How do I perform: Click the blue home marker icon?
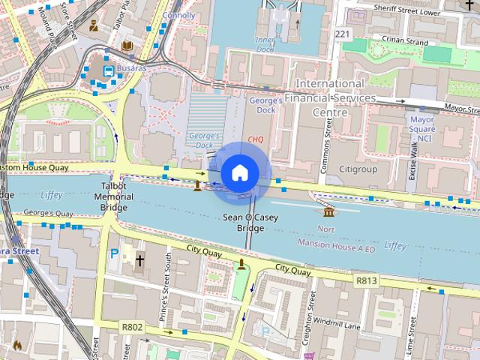[x=239, y=173]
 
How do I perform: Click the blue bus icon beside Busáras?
[x=109, y=70]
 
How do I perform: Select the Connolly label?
[x=178, y=15]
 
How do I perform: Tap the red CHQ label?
[x=256, y=139]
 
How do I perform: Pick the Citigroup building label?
[x=358, y=169]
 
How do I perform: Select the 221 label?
[x=343, y=34]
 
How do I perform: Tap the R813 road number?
[x=366, y=280]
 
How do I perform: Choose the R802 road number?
[x=131, y=327]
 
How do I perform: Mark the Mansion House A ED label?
[x=335, y=245]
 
